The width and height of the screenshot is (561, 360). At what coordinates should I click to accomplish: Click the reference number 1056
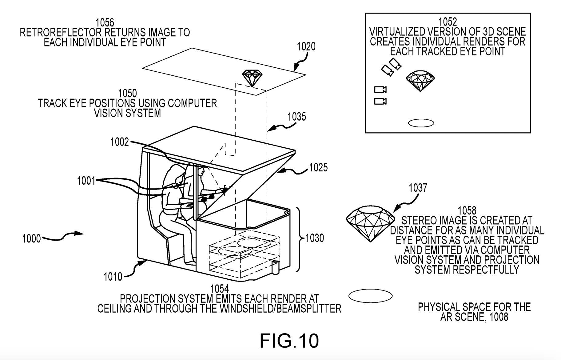105,22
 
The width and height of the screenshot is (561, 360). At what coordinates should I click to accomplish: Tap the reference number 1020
306,46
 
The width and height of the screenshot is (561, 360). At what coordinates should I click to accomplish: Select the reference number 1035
297,117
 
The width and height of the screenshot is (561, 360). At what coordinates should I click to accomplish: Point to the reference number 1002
120,142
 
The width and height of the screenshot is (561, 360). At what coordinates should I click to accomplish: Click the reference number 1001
86,181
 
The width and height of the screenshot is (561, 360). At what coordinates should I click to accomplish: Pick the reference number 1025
318,167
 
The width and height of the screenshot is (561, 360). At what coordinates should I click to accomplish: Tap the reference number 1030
315,238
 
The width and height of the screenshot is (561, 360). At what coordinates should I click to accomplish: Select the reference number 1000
31,238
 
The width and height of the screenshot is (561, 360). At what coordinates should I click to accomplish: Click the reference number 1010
113,277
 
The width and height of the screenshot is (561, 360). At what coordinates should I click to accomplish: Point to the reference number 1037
418,188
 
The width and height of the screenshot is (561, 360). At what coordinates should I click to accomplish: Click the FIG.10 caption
289,341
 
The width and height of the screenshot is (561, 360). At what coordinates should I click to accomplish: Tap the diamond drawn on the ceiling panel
252,78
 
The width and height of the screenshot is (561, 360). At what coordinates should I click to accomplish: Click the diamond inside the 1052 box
420,81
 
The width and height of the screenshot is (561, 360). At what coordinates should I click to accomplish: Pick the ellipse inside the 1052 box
421,123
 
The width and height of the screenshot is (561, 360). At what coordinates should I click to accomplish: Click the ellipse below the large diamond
370,296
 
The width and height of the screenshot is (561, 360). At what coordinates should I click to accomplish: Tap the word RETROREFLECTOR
61,32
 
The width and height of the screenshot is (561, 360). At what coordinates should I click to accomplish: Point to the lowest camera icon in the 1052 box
380,101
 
